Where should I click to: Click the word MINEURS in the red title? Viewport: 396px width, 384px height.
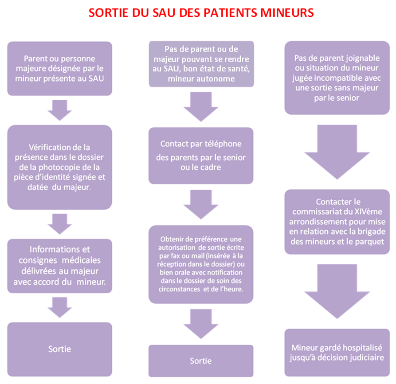[x=287, y=12]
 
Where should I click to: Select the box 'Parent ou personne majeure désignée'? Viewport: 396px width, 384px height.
[x=59, y=68]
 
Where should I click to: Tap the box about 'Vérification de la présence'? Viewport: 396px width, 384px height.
[x=59, y=167]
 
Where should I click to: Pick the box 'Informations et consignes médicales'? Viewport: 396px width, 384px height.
[x=59, y=266]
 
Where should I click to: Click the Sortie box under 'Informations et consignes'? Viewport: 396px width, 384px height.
[x=59, y=349]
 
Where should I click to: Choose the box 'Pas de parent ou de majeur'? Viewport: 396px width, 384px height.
[x=201, y=64]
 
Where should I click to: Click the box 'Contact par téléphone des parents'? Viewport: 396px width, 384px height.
[x=201, y=156]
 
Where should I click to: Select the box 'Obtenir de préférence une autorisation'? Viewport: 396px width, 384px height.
[x=201, y=264]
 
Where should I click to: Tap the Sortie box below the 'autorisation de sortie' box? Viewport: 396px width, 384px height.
[x=201, y=361]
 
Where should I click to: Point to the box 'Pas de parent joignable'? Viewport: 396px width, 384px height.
[x=337, y=78]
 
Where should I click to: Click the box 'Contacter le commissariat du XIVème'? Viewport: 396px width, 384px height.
[x=337, y=222]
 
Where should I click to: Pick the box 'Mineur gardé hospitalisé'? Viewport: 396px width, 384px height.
[x=337, y=353]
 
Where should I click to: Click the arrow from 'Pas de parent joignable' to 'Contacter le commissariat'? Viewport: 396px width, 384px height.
[x=337, y=152]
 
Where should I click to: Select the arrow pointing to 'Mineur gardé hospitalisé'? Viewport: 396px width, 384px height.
[x=337, y=291]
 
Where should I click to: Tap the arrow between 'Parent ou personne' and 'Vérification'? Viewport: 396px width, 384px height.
[x=59, y=110]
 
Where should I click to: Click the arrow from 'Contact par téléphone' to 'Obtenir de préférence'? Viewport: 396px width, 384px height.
[x=201, y=204]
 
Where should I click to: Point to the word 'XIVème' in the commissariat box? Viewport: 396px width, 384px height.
[x=369, y=212]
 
